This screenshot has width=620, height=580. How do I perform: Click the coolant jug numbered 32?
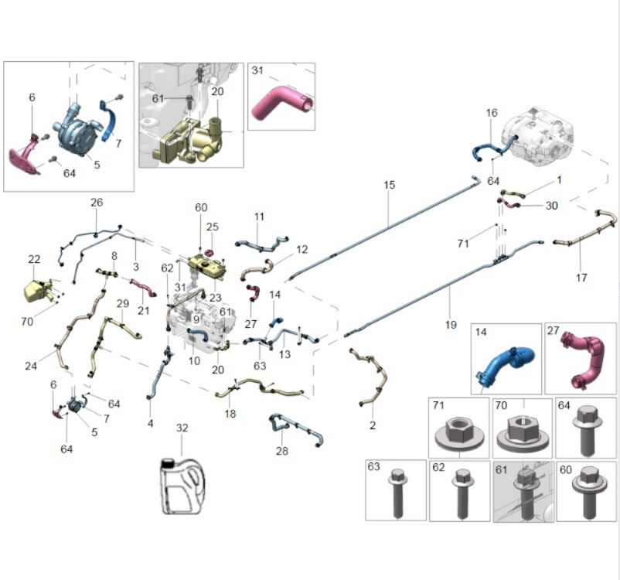pyautogui.click(x=180, y=484)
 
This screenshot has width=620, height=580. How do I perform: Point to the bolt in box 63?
pyautogui.click(x=396, y=493)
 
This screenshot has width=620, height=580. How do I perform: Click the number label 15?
pyautogui.click(x=389, y=185)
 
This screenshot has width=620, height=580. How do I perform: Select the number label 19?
pyautogui.click(x=451, y=325)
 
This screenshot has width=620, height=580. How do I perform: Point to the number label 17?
pyautogui.click(x=581, y=277)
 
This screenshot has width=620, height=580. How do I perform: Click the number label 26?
pyautogui.click(x=96, y=203)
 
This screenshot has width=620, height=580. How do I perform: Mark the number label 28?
pyautogui.click(x=281, y=450)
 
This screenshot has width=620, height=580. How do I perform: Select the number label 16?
pyautogui.click(x=491, y=113)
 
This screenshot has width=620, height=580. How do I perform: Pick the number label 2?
pyautogui.click(x=372, y=425)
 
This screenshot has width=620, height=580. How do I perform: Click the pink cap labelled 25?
pyautogui.click(x=209, y=251)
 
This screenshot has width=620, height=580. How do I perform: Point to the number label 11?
pyautogui.click(x=259, y=217)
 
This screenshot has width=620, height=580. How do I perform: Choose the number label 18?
pyautogui.click(x=230, y=414)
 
